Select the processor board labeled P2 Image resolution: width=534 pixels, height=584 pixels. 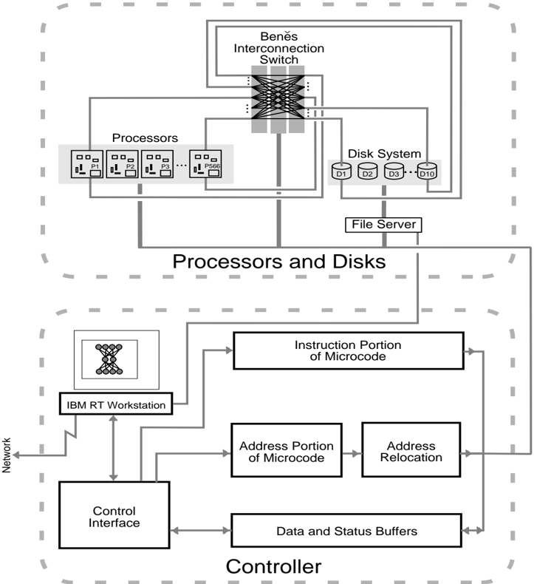tap(122, 166)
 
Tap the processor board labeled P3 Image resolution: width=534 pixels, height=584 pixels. tap(157, 166)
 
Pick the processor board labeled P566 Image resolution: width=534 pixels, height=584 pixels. tap(207, 166)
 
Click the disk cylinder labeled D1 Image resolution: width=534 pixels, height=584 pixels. tap(340, 172)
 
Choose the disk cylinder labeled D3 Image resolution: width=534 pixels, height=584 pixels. tap(392, 172)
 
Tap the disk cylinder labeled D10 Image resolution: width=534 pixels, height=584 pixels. tap(427, 172)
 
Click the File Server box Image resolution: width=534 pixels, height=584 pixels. tap(381, 224)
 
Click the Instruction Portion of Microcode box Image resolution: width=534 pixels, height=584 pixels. tap(348, 351)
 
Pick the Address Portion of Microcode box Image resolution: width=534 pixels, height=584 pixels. tap(287, 452)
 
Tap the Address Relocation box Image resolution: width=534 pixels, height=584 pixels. tap(409, 452)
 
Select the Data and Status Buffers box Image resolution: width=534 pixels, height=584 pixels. tap(348, 530)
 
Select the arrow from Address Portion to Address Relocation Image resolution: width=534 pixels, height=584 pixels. tap(351, 453)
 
